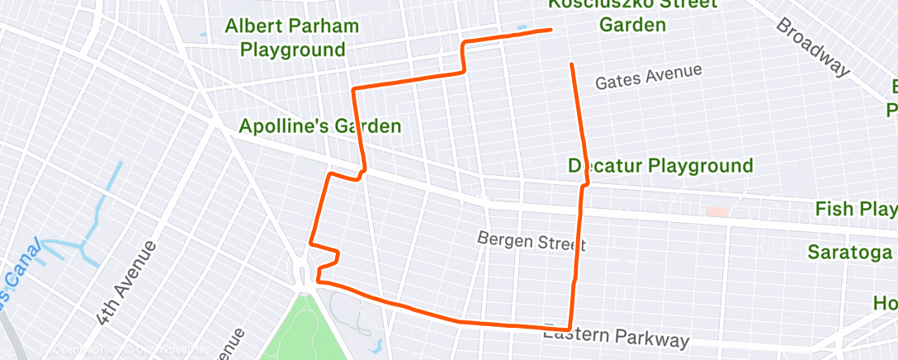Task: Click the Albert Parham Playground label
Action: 292,38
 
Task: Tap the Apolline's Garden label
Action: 319,126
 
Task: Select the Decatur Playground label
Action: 660,166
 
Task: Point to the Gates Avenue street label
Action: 648,77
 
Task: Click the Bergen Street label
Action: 531,240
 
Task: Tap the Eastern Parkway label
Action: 615,336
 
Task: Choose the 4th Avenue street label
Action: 125,282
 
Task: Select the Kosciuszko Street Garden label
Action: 632,16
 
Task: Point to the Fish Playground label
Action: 856,209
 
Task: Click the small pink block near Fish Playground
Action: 716,211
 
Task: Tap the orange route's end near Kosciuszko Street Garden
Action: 550,30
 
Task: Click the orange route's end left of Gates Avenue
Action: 571,64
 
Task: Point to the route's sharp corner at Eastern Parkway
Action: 570,329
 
